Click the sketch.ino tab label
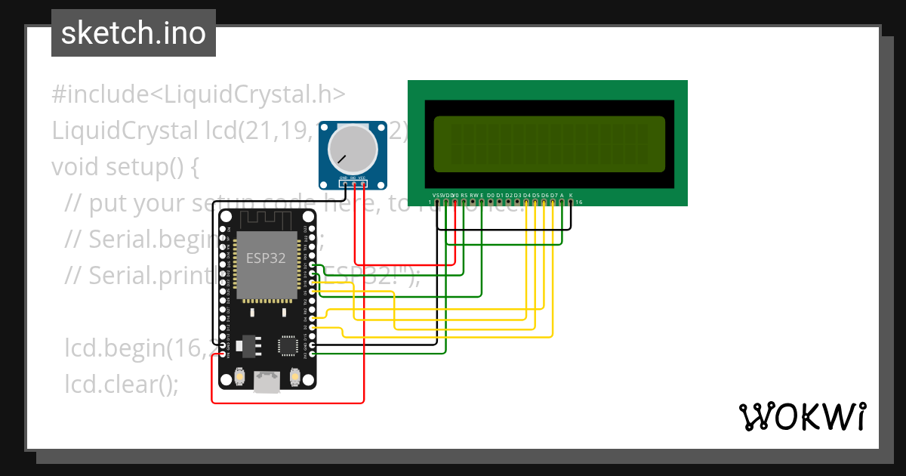(134, 33)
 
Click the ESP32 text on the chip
(266, 257)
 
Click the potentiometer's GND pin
(344, 184)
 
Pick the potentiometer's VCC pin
(363, 184)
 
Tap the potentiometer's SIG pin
(353, 184)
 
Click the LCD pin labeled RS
(464, 202)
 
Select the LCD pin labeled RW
(473, 202)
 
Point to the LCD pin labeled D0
(491, 202)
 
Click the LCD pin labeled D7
(553, 202)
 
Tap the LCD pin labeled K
(571, 202)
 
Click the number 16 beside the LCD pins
(579, 202)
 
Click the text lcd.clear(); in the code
(122, 383)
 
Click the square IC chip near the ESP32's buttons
(288, 345)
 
